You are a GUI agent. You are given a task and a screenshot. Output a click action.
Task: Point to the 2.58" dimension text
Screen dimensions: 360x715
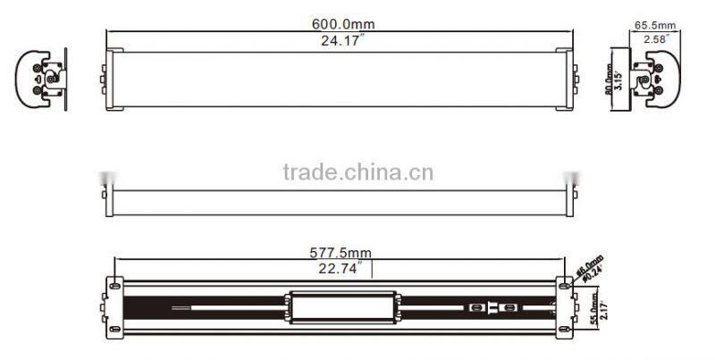652,40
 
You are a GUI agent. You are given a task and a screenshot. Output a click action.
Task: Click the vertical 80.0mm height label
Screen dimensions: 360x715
610,79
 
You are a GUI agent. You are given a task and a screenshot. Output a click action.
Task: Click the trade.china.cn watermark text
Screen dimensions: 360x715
357,172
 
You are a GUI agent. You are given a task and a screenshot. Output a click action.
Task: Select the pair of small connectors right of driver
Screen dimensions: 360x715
494,307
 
